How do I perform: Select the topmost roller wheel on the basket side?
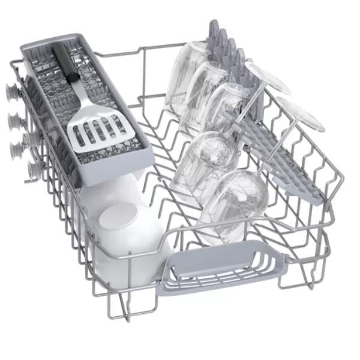click(x=11, y=92)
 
